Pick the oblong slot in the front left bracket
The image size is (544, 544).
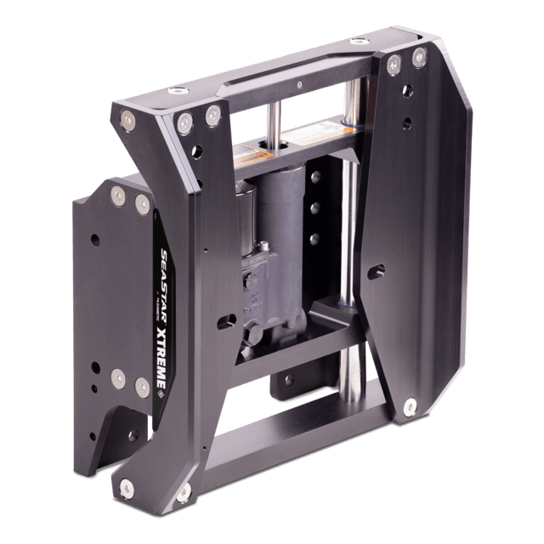pos(226,322)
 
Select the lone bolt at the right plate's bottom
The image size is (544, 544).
pos(411,405)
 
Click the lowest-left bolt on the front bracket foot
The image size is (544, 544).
pos(127,488)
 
